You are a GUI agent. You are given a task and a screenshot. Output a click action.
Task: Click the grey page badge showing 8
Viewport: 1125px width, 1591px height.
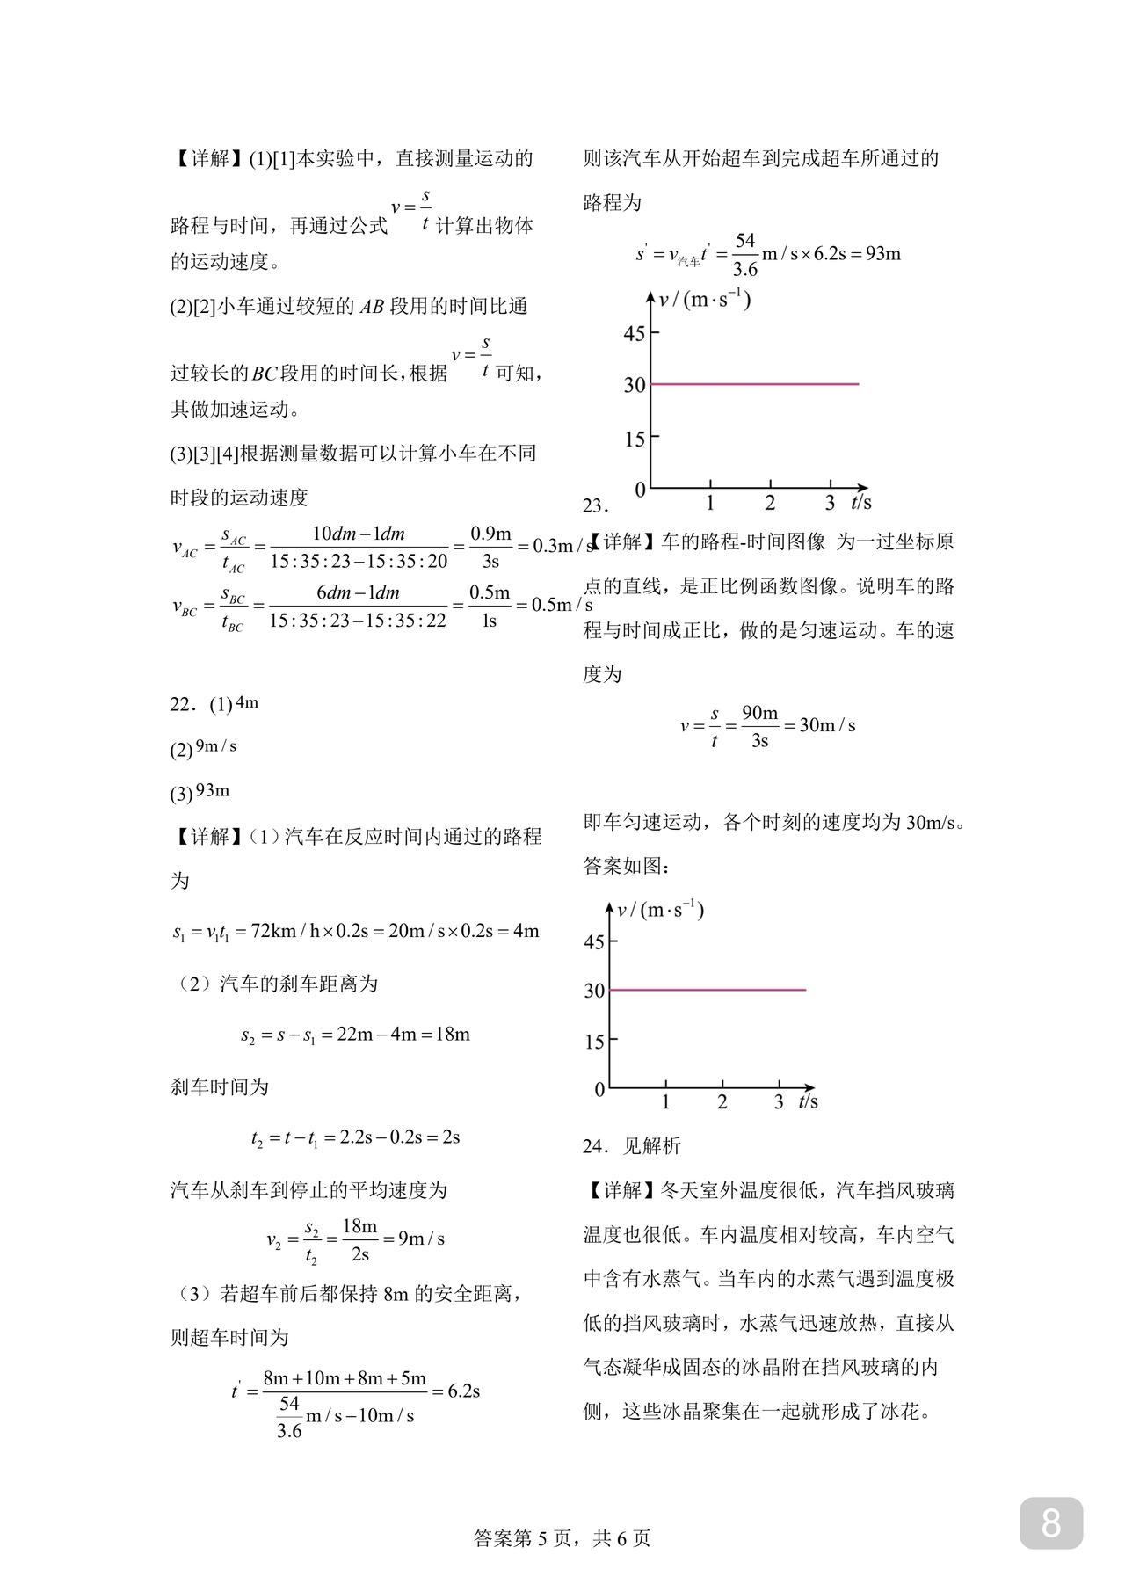pos(1050,1522)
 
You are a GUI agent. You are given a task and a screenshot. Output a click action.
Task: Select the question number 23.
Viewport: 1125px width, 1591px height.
pos(594,506)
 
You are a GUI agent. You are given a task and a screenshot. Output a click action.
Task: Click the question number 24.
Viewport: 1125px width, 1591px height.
pos(594,1146)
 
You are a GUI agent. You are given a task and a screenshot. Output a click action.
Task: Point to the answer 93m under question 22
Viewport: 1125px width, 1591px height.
pos(213,790)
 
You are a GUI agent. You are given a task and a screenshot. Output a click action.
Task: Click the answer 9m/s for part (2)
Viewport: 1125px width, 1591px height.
pos(216,746)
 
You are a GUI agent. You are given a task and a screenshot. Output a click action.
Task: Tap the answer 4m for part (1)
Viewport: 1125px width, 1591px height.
pos(247,702)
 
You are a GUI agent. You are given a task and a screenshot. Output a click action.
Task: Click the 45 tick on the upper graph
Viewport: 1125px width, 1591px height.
pos(635,333)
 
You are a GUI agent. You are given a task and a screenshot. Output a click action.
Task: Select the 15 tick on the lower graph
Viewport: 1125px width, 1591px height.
pos(594,1042)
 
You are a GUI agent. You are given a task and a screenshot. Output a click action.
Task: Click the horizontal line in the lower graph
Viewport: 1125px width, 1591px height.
pos(708,990)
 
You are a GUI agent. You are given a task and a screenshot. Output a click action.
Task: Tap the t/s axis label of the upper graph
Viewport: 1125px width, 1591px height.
pos(860,503)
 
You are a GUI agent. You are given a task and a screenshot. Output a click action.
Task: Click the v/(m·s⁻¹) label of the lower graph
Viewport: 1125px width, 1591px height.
pos(660,910)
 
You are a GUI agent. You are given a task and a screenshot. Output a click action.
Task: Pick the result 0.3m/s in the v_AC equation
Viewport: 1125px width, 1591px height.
pos(563,546)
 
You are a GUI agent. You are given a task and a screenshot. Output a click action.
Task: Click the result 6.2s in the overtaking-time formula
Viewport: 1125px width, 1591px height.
pos(464,1391)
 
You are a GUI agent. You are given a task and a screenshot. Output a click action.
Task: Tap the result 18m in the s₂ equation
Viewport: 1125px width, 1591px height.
pos(453,1035)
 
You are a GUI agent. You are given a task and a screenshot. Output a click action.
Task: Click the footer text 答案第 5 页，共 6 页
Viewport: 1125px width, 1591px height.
pos(562,1537)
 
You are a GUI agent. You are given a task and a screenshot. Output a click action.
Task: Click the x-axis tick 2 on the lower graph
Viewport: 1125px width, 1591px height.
pos(722,1102)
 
